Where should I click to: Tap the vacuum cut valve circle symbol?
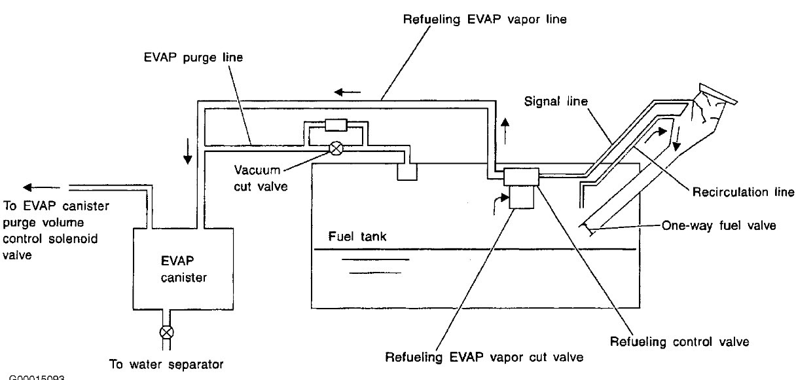pos(336,147)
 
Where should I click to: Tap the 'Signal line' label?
pos(556,102)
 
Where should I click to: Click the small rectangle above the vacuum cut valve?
pos(339,124)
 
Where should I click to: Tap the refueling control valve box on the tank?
pos(521,176)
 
